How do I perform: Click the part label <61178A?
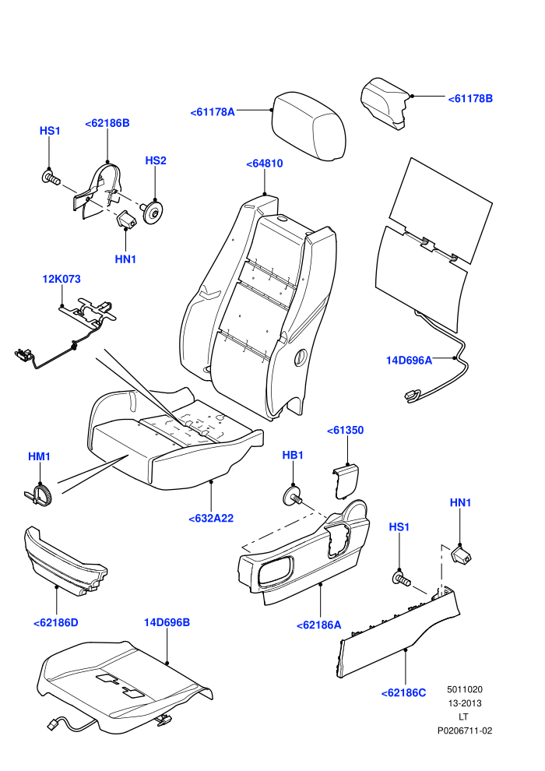click(213, 112)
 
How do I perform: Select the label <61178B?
click(470, 99)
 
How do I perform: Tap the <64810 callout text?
click(265, 164)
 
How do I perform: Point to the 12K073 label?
click(62, 279)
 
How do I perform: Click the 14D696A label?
click(409, 361)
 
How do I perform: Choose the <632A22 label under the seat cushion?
click(211, 518)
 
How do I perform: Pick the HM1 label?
click(39, 457)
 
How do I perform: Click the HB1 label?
click(293, 456)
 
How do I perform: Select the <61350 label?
click(346, 430)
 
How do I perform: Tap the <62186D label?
click(55, 623)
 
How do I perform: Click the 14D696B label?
click(167, 622)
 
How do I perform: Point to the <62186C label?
click(403, 693)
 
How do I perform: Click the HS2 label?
click(156, 160)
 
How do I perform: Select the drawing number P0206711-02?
click(465, 731)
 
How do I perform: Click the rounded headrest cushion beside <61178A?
click(308, 126)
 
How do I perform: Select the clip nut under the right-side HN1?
click(461, 554)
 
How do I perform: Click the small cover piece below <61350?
click(346, 481)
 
